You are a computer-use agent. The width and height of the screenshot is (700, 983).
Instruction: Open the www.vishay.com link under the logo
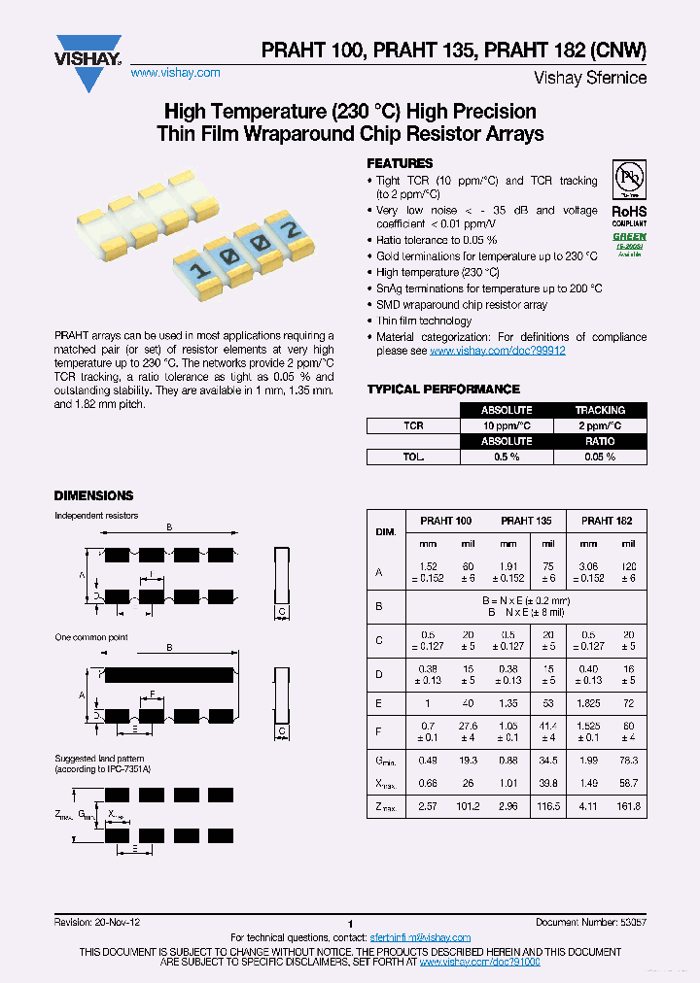point(175,73)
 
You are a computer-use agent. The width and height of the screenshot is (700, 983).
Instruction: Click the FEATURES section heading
point(400,163)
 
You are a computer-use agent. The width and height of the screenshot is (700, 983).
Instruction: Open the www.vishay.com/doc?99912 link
point(497,351)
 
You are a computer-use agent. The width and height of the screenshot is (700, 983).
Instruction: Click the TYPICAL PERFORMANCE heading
point(429,390)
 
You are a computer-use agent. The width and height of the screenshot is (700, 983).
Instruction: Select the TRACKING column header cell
point(600,410)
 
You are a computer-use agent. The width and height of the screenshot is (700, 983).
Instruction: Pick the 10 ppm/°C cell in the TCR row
point(507,425)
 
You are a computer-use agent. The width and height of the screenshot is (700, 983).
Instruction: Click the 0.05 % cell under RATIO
point(600,457)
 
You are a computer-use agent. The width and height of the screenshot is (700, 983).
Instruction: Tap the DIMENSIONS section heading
point(93,495)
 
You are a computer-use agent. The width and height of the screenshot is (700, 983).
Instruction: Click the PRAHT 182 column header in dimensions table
point(608,522)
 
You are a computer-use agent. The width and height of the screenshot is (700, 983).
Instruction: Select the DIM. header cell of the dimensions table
point(385,532)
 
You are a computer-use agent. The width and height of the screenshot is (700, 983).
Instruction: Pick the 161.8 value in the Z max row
point(628,806)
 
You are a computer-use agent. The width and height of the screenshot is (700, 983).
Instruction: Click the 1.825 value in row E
point(588,703)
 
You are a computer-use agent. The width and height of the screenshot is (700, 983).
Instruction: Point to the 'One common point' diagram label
point(91,637)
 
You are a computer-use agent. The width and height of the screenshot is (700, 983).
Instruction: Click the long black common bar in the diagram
point(169,673)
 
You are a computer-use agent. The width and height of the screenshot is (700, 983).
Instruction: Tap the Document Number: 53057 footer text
point(591,922)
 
